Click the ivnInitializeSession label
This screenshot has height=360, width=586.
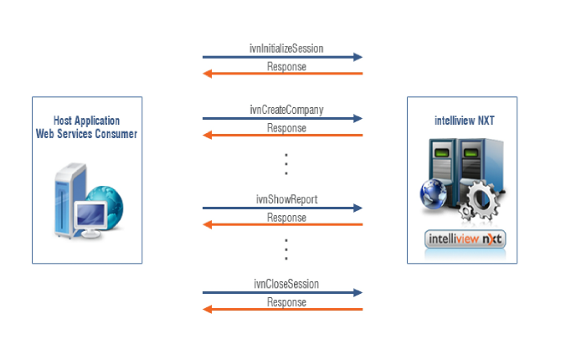[x=286, y=48]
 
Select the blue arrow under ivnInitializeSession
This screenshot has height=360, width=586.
[x=282, y=57]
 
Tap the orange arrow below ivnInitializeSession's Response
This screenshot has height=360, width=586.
[x=282, y=74]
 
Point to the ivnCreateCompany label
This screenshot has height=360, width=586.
[x=286, y=110]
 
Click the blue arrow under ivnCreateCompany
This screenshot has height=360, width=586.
[x=282, y=119]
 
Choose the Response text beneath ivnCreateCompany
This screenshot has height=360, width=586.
[x=286, y=128]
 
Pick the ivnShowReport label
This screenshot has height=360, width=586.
[x=286, y=198]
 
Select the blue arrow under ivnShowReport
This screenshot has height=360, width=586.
[x=282, y=208]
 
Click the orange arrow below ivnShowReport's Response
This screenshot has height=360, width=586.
[x=282, y=224]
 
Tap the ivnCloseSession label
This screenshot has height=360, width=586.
[x=286, y=284]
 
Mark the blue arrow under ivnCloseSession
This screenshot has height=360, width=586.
[x=282, y=293]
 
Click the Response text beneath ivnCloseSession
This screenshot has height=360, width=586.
[x=286, y=302]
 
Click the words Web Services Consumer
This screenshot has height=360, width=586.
[x=86, y=134]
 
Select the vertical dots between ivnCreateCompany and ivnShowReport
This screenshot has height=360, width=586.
[x=285, y=163]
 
